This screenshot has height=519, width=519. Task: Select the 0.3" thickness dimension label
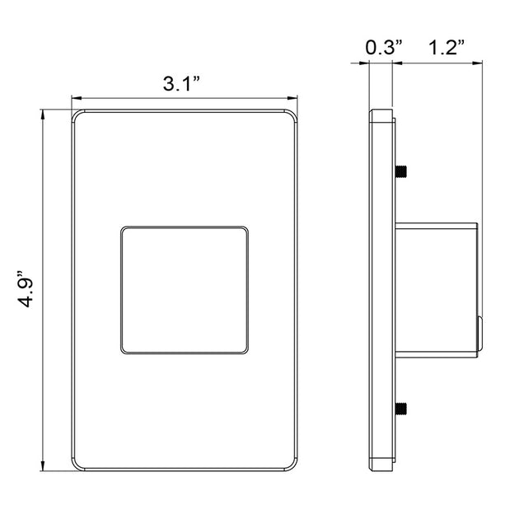tap(384, 47)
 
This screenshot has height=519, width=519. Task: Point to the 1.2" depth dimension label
tap(447, 47)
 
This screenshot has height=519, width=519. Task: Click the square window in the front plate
tap(185, 290)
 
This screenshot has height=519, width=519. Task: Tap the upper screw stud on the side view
tap(401, 171)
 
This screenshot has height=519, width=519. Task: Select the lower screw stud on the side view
tap(401, 409)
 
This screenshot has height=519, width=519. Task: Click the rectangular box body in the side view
tap(437, 290)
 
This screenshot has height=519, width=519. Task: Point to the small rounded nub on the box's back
tap(479, 333)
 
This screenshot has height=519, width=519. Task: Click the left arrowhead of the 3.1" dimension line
tap(77, 98)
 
